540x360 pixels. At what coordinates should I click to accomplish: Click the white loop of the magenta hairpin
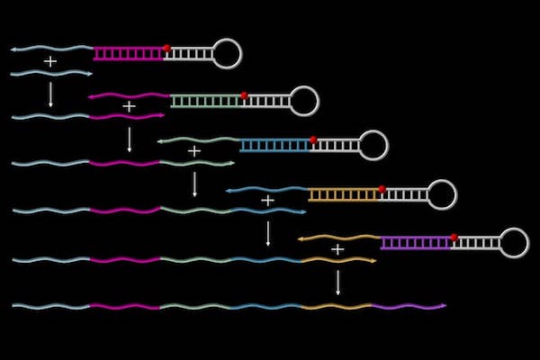pyautogui.click(x=228, y=53)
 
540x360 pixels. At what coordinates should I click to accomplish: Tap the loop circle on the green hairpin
pyautogui.click(x=305, y=101)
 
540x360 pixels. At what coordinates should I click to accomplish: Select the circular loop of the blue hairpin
pyautogui.click(x=373, y=145)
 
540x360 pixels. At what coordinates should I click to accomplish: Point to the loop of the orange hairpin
pyautogui.click(x=442, y=194)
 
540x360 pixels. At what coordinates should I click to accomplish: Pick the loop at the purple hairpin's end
pyautogui.click(x=514, y=242)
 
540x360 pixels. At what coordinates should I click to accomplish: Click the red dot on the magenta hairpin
pyautogui.click(x=166, y=48)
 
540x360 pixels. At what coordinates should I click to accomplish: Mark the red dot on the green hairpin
pyautogui.click(x=244, y=94)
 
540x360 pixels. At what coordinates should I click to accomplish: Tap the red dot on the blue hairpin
pyautogui.click(x=313, y=139)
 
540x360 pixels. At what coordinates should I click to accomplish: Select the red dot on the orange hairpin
pyautogui.click(x=382, y=189)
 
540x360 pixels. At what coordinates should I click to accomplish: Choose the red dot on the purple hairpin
pyautogui.click(x=454, y=238)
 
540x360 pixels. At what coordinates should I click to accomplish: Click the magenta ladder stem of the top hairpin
pyautogui.click(x=130, y=54)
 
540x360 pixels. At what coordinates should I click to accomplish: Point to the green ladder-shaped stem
pyautogui.click(x=206, y=101)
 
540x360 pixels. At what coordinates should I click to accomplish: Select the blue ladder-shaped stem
pyautogui.click(x=275, y=145)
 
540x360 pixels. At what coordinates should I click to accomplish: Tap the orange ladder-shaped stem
pyautogui.click(x=344, y=194)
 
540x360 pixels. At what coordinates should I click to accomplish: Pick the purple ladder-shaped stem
pyautogui.click(x=415, y=243)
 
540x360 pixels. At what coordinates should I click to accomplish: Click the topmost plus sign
pyautogui.click(x=50, y=61)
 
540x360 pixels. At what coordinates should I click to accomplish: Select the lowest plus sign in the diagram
pyautogui.click(x=337, y=248)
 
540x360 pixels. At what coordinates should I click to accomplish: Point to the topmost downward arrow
pyautogui.click(x=50, y=94)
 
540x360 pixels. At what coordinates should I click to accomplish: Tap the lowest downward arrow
pyautogui.click(x=337, y=283)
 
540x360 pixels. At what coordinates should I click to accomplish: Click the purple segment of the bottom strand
pyautogui.click(x=409, y=307)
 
